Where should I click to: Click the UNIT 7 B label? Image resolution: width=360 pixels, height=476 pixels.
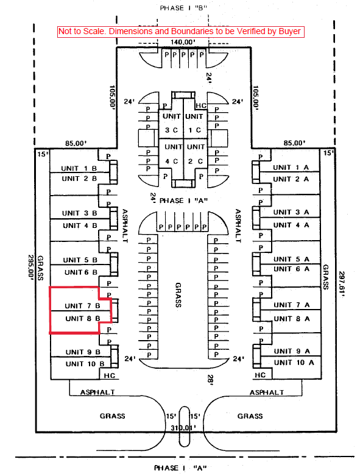[82, 305]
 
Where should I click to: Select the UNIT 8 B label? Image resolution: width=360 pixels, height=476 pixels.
[82, 318]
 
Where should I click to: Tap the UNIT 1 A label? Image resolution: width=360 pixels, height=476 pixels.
[291, 167]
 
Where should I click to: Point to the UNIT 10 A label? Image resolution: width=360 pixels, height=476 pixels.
[294, 363]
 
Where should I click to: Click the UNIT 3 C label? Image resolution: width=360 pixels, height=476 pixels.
[171, 123]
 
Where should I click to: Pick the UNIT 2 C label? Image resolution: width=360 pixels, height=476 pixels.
[196, 154]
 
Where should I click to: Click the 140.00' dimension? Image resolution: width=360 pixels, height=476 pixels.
[183, 42]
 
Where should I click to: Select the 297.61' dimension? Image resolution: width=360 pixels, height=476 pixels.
[342, 284]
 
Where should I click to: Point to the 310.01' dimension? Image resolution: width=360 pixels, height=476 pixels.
[183, 428]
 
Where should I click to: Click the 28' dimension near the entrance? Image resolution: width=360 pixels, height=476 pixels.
[211, 380]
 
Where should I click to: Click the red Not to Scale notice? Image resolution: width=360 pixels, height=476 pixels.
[181, 32]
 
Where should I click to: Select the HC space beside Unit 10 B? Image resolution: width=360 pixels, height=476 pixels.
[110, 375]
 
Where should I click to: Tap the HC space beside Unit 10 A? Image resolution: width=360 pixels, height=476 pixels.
[260, 375]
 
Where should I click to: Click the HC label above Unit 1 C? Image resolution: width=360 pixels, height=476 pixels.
[201, 105]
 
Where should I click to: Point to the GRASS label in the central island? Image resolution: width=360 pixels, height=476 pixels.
[178, 295]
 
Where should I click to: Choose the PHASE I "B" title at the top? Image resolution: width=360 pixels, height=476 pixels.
[183, 8]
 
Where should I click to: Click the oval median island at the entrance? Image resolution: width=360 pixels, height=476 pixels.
[184, 427]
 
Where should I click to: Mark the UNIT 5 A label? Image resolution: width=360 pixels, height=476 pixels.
[291, 259]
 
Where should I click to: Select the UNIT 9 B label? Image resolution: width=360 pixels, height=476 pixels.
[83, 352]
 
